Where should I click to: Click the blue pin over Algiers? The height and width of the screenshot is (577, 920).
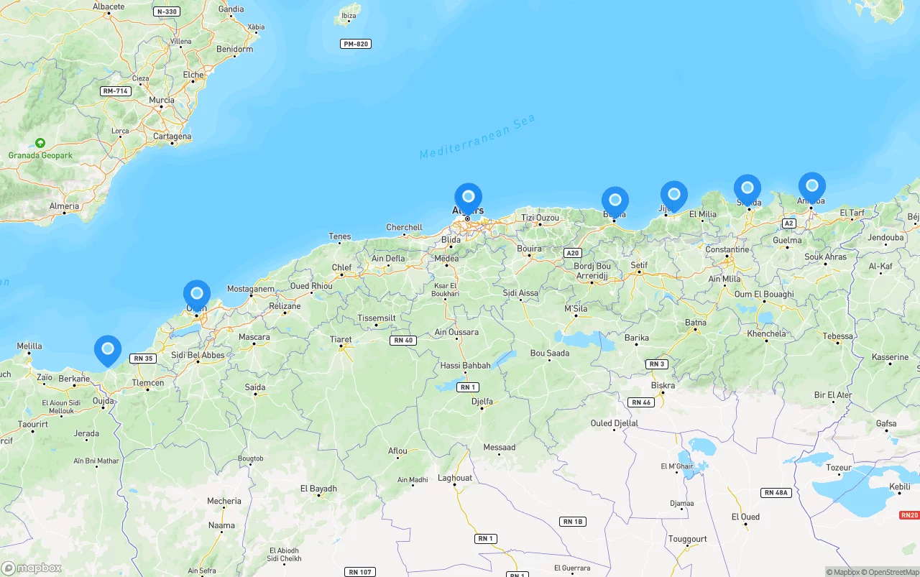[x=469, y=196]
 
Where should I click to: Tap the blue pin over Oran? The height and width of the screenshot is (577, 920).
[x=197, y=294]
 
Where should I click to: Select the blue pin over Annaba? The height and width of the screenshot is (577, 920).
[x=812, y=186]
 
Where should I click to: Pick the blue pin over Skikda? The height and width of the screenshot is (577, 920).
[x=747, y=188]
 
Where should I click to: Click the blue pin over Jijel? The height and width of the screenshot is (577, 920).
[x=674, y=195]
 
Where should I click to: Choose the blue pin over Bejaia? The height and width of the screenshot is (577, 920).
[x=615, y=200]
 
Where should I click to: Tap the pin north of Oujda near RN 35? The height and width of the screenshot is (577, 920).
[x=108, y=349]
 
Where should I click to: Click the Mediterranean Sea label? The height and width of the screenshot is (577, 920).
[x=478, y=137]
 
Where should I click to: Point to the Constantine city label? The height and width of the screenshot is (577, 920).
[x=727, y=249]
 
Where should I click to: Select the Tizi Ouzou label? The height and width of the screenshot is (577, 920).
[x=540, y=218]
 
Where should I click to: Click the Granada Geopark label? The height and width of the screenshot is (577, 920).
[x=40, y=155]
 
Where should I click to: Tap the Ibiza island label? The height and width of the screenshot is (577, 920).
[x=349, y=16]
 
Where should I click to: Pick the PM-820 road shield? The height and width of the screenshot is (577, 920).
[x=356, y=45]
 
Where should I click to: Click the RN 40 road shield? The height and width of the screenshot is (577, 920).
[x=403, y=341]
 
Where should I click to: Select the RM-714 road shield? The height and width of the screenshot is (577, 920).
[x=115, y=91]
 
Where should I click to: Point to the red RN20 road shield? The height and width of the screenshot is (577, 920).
[x=909, y=515]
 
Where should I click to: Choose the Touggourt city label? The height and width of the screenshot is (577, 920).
[x=688, y=539]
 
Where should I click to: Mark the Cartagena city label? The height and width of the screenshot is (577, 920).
[x=172, y=137]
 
